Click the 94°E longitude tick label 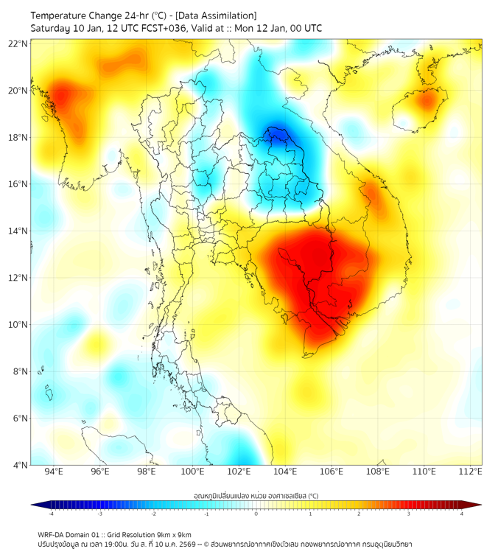click(x=54, y=472)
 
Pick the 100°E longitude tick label click(x=192, y=472)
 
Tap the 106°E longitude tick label click(x=332, y=472)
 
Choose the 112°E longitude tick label click(x=470, y=472)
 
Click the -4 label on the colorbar click(x=50, y=514)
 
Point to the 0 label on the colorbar click(x=256, y=514)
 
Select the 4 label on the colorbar click(x=462, y=514)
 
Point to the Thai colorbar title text click(x=256, y=495)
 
